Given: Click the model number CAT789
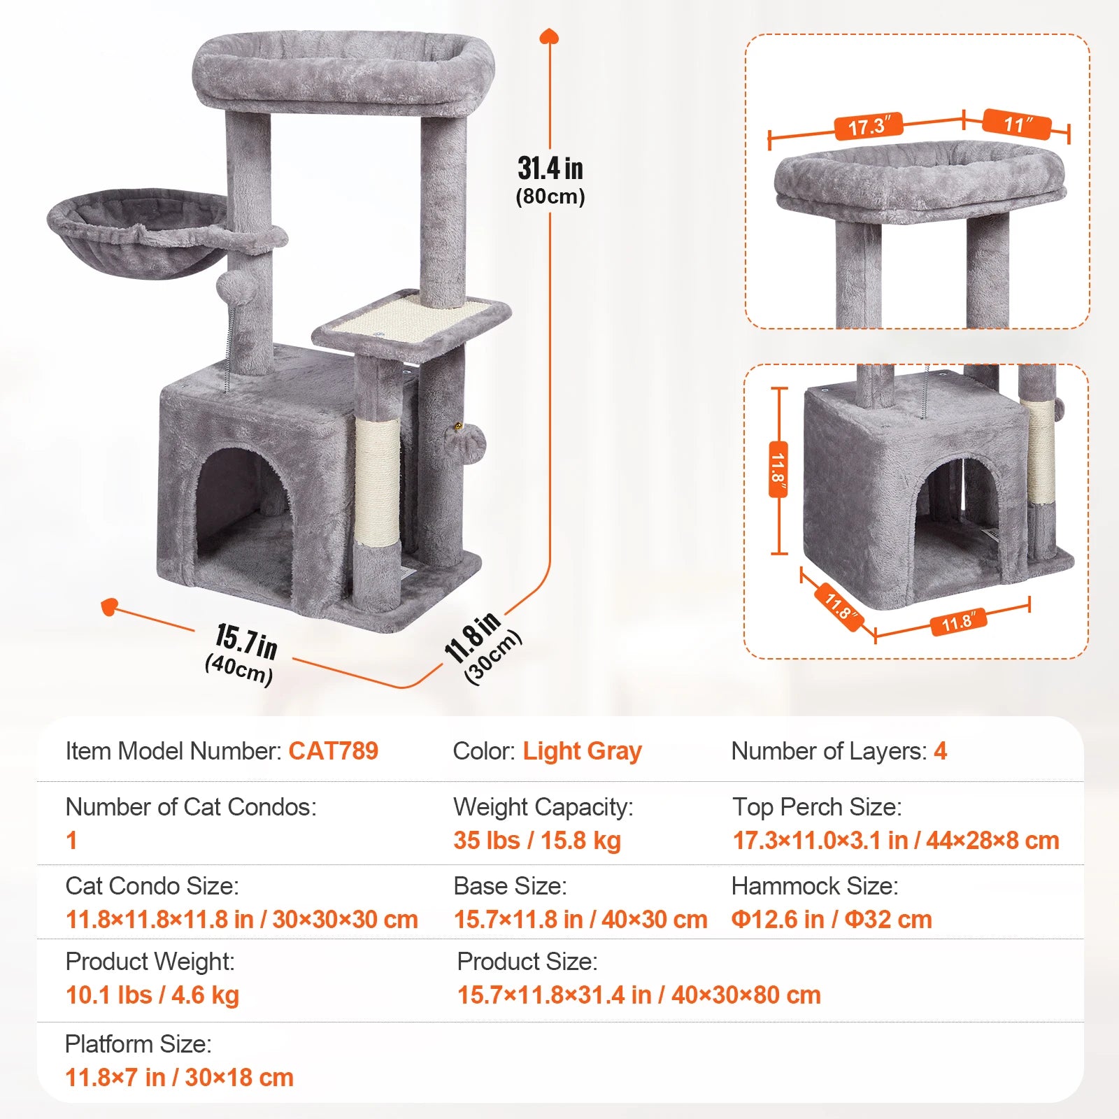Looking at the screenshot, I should (333, 751).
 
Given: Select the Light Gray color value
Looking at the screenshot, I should (582, 751).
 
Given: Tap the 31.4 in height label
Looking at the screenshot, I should (550, 169).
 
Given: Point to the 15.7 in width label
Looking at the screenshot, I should (246, 641).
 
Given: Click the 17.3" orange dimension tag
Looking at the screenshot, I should (869, 126).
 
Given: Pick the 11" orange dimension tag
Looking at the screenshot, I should (1016, 124).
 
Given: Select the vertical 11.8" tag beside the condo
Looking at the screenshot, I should (778, 469).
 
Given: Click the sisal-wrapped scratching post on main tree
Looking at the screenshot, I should (377, 483).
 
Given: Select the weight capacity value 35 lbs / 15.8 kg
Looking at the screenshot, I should (536, 840).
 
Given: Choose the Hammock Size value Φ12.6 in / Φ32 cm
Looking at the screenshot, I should (831, 919).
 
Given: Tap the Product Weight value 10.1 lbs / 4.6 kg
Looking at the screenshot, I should (152, 995).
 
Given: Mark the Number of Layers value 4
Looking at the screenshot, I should (940, 751).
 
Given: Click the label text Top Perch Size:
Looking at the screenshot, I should (816, 807).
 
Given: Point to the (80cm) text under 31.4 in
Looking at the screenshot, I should (550, 197).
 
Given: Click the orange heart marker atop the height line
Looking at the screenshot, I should (550, 36).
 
